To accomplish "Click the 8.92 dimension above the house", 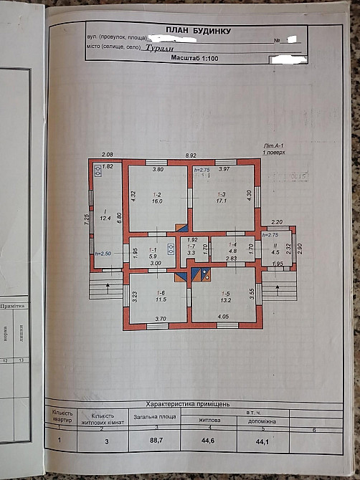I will [191, 155].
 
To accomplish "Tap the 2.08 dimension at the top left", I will [108, 155].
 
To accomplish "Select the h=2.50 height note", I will [105, 254].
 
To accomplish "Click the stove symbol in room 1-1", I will [171, 249].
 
